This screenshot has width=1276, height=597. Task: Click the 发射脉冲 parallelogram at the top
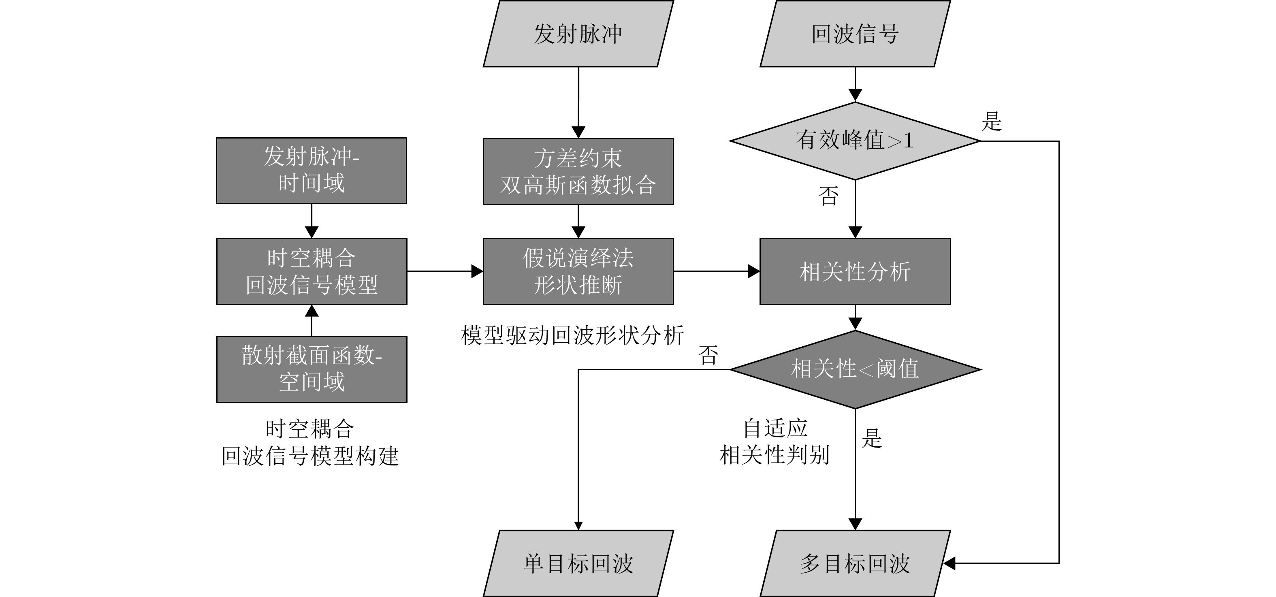578,34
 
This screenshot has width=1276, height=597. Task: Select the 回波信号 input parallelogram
855,34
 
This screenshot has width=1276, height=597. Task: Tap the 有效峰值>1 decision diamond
855,141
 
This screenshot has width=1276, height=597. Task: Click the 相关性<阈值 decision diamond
855,369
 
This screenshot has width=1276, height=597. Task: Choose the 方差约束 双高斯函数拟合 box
578,171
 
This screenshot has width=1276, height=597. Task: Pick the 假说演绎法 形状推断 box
578,271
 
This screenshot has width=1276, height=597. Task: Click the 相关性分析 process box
855,271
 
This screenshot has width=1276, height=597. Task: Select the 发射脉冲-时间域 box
312,171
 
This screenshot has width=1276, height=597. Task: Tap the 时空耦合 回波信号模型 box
312,271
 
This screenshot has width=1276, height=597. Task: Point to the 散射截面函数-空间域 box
312,369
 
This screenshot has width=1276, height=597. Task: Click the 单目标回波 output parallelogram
578,563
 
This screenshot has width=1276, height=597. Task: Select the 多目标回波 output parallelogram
855,563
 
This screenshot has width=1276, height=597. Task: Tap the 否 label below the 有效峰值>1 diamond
829,196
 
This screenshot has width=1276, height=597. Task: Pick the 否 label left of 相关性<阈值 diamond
708,355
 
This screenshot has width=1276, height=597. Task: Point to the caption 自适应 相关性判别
775,441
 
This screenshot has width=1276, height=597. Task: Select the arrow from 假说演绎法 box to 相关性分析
716,271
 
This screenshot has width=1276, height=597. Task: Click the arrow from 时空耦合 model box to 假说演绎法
445,271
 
